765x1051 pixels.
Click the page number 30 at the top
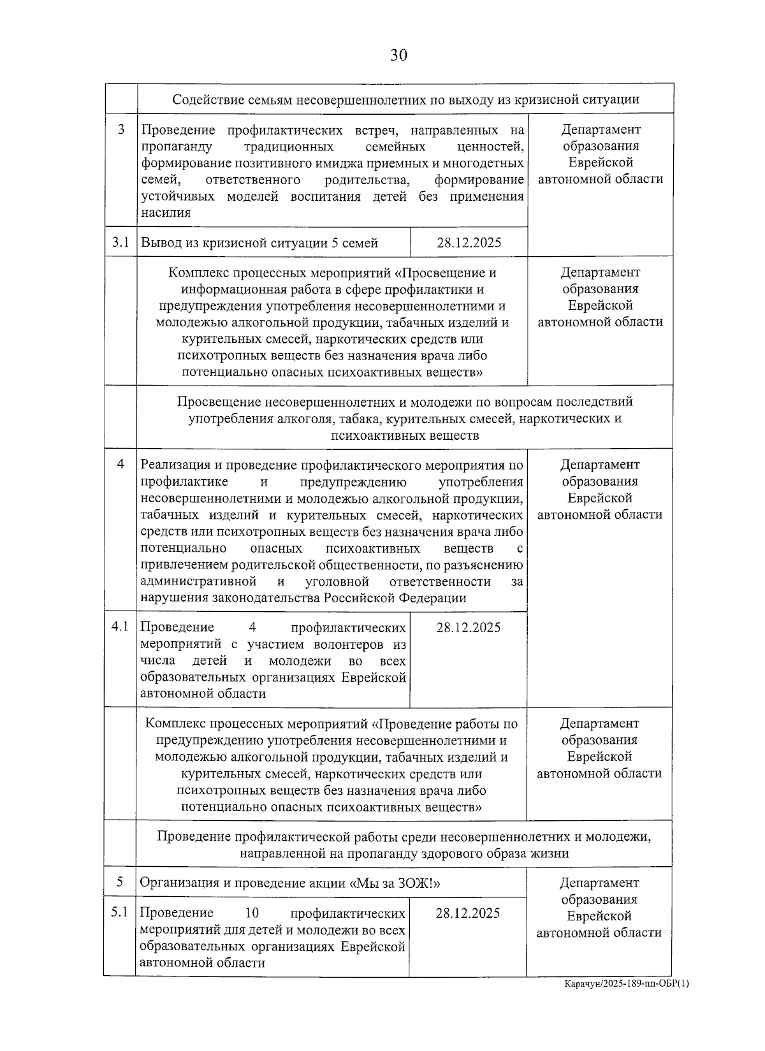coord(398,55)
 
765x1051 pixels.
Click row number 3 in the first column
coord(121,129)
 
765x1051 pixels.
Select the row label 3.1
coord(120,242)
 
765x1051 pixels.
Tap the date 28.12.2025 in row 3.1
coord(469,242)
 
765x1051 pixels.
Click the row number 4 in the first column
coord(120,465)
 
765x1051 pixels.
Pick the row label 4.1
coord(120,627)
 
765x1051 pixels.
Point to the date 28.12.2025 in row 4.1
coord(469,627)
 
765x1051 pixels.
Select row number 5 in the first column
coord(120,882)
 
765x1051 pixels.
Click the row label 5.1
coord(120,912)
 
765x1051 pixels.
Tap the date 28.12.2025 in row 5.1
coord(468,913)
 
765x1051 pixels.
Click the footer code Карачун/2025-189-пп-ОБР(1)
coord(627,1001)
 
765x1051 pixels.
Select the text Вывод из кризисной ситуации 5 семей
coord(259,243)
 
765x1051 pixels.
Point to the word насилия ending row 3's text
coord(166,213)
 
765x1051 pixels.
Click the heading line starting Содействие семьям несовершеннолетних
coord(406,99)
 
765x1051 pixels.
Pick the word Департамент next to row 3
coord(601,129)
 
